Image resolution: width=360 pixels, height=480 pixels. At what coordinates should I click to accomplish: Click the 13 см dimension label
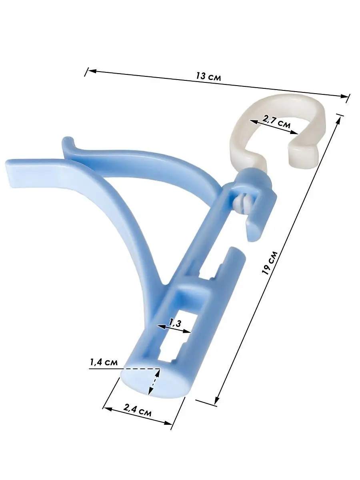(x=208, y=76)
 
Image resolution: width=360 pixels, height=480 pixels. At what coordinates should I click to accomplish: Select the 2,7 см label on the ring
(x=276, y=122)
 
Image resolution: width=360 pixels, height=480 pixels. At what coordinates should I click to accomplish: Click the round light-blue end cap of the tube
(x=153, y=382)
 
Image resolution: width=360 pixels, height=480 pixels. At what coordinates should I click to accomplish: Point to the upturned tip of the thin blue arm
(x=67, y=140)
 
